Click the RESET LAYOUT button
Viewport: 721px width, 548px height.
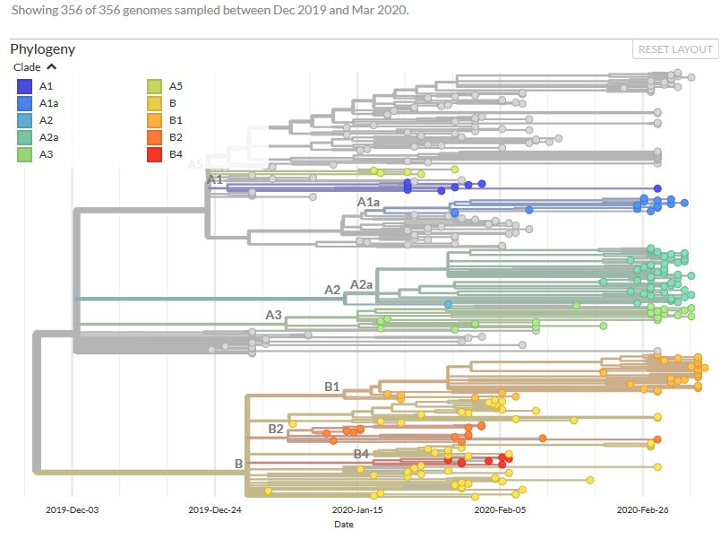676,49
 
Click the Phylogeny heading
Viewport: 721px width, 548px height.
42,48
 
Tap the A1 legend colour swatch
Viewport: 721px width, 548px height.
24,86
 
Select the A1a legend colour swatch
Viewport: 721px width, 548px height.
24,103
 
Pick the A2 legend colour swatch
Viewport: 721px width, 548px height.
24,120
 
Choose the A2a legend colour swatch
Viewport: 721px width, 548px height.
24,137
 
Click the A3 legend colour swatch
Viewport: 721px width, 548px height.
24,154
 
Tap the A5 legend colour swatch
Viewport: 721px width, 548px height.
155,86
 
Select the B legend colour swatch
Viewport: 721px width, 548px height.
155,103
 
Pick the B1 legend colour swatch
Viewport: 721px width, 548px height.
155,120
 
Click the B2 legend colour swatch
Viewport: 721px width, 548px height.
155,137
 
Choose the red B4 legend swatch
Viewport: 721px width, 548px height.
155,154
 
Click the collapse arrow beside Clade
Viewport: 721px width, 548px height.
51,66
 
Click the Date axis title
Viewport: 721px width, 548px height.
345,525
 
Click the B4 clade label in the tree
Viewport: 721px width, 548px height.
361,455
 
